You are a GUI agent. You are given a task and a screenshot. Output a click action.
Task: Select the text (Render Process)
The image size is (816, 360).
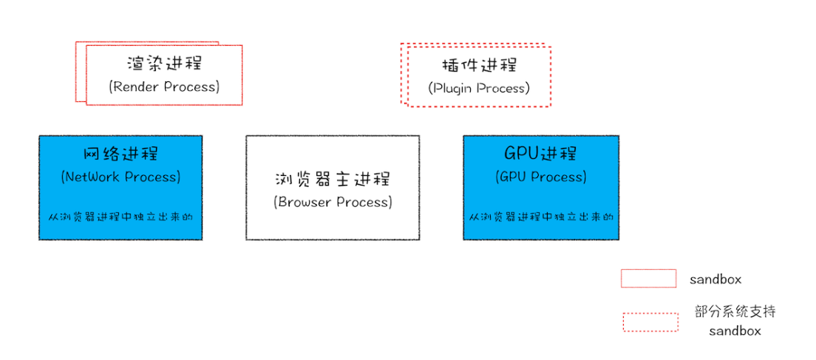[x=164, y=86]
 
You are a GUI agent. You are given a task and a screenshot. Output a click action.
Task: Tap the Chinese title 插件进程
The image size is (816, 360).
[x=478, y=64]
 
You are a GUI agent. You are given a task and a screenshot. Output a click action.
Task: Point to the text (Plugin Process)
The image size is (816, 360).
[x=478, y=88]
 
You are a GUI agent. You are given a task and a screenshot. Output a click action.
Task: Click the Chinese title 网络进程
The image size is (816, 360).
[x=120, y=154]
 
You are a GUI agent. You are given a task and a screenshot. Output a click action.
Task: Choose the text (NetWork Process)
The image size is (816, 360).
[x=120, y=177]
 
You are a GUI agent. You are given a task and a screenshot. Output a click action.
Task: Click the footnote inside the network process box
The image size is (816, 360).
[x=120, y=217]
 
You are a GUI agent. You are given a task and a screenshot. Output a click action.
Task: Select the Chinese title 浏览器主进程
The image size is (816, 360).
[x=333, y=180]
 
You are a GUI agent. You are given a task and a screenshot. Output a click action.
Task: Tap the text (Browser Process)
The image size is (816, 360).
[x=333, y=202]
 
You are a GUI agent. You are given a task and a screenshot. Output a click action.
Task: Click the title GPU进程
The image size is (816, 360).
[x=541, y=154]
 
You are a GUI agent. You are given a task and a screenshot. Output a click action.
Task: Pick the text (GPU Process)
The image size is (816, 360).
[x=541, y=177]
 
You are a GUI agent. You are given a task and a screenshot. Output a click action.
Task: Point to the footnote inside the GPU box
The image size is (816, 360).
[x=541, y=217]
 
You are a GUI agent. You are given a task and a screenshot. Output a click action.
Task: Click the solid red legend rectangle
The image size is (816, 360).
[x=648, y=279]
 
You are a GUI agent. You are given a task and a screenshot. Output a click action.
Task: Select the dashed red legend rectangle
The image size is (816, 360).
[x=650, y=322]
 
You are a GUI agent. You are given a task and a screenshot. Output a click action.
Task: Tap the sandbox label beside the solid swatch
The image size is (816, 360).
[x=715, y=279]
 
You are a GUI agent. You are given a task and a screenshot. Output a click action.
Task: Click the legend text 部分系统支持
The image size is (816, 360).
[x=735, y=311]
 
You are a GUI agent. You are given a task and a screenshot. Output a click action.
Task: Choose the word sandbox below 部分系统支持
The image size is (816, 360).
[x=735, y=331]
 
